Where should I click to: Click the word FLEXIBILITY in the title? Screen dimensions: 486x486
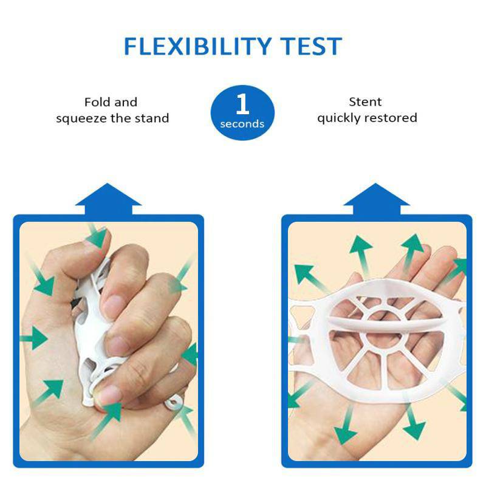198,46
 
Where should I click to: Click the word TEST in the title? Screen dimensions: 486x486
311,46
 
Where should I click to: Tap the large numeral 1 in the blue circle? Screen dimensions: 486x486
242,104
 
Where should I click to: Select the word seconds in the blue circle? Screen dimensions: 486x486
242,124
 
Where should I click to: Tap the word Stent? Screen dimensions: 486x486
365,101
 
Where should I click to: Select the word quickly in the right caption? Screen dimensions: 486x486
339,118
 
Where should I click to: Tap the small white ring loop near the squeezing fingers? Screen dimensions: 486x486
174,403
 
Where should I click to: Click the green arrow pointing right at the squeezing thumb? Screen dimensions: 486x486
34,338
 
